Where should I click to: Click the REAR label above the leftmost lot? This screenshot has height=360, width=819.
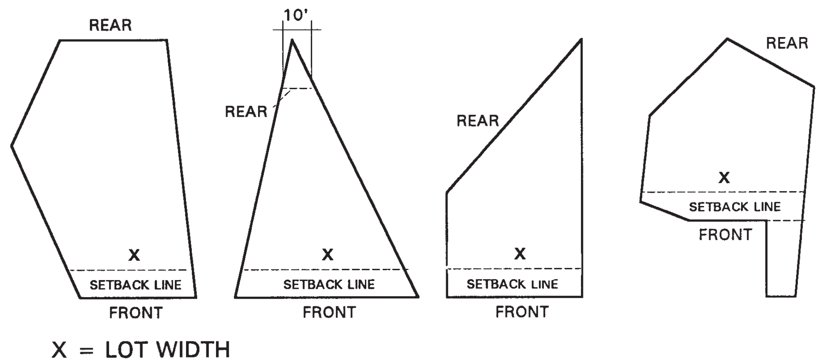point(110,25)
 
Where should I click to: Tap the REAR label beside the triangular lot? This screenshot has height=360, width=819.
point(246,112)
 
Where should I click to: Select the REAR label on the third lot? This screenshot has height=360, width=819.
point(478,121)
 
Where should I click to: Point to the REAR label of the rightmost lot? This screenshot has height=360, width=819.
point(787,43)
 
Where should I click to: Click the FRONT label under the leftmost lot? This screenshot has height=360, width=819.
point(136,313)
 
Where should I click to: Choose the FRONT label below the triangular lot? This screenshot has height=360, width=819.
point(329,312)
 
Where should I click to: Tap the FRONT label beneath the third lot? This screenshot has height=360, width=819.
point(522,312)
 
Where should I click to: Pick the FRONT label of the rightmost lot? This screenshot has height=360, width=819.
point(725,235)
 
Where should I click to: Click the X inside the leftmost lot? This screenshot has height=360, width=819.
point(134,255)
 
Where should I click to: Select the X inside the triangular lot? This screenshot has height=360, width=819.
point(328,254)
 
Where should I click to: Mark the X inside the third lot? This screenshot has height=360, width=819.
point(520,253)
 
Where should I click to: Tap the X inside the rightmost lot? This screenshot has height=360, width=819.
point(724,178)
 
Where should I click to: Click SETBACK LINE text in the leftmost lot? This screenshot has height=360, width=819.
point(136,285)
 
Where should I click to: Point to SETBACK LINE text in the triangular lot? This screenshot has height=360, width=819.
point(329,285)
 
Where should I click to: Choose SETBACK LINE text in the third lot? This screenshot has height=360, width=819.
point(512,284)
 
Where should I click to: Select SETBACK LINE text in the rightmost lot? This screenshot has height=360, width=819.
point(735,207)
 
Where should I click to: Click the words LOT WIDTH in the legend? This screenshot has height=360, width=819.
point(167,349)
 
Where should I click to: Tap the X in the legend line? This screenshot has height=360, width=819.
point(60,350)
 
